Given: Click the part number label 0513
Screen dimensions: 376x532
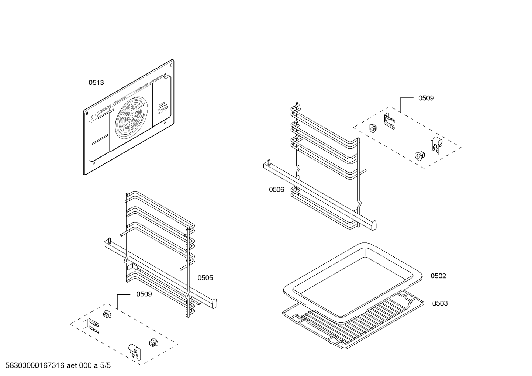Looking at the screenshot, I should [96, 83].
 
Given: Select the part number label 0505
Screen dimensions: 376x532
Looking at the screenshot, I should [205, 278].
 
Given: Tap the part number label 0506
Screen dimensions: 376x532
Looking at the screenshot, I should [276, 190].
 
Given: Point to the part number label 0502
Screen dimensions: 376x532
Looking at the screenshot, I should [438, 276].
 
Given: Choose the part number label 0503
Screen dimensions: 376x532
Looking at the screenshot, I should [440, 303].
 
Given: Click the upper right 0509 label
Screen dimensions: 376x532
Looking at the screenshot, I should [426, 98].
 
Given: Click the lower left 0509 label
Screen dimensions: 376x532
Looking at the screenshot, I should [144, 294].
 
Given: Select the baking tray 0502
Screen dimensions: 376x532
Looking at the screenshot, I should [352, 280].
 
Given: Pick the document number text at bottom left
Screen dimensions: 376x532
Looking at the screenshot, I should [58, 366].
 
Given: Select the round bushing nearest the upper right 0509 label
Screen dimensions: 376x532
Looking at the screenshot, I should [373, 128].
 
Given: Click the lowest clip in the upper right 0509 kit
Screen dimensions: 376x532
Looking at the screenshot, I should [435, 146].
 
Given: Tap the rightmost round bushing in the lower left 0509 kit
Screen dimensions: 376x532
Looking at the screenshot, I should [153, 342].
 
